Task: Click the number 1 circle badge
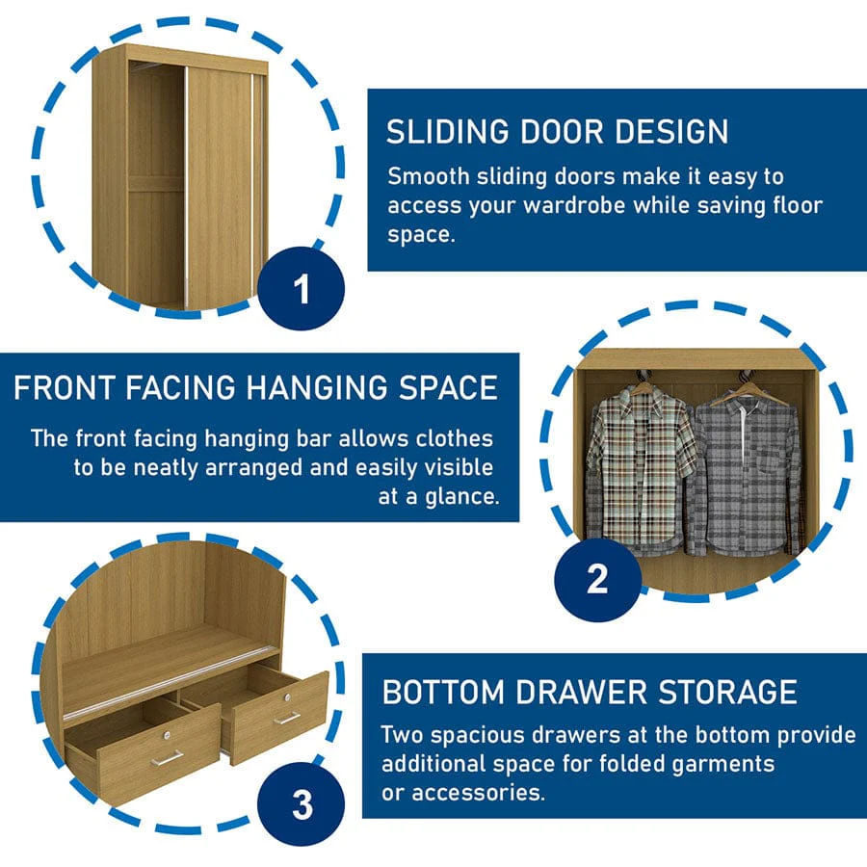pyautogui.click(x=302, y=289)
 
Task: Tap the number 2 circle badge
pyautogui.click(x=597, y=580)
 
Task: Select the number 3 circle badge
pyautogui.click(x=302, y=804)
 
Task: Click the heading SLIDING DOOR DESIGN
pyautogui.click(x=558, y=132)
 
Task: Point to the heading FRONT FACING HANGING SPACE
pyautogui.click(x=256, y=387)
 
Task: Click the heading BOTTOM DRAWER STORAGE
pyautogui.click(x=590, y=692)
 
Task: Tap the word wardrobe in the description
pyautogui.click(x=575, y=206)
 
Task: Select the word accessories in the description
pyautogui.click(x=478, y=793)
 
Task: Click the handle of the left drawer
pyautogui.click(x=167, y=757)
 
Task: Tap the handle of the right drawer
pyautogui.click(x=287, y=719)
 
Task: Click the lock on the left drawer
pyautogui.click(x=168, y=735)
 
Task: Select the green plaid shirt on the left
pyautogui.click(x=642, y=470)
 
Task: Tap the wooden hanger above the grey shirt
pyautogui.click(x=749, y=393)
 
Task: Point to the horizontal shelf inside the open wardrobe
pyautogui.click(x=156, y=184)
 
